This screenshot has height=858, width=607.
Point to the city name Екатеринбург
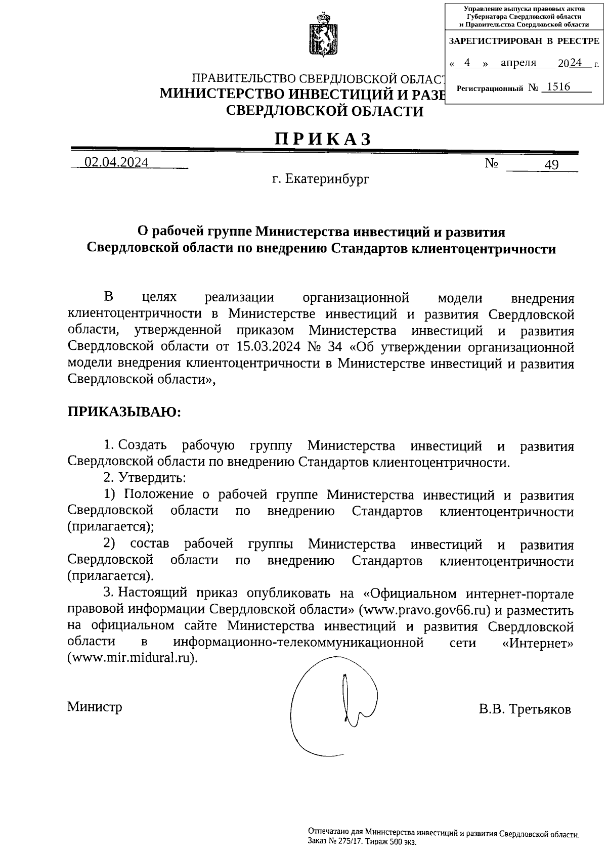(x=327, y=179)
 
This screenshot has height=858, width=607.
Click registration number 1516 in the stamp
(x=558, y=87)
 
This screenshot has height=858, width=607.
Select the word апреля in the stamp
(x=518, y=63)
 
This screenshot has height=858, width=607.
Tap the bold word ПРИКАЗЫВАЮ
(x=124, y=412)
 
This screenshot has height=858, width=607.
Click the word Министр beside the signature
(x=95, y=706)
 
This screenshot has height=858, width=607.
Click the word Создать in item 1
(x=142, y=445)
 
